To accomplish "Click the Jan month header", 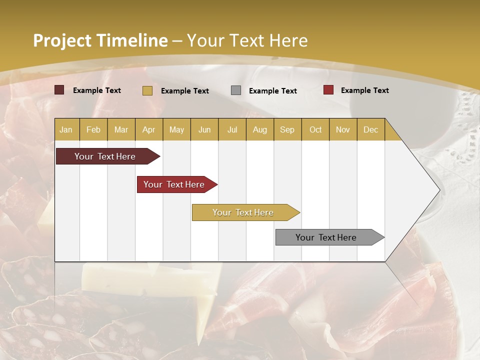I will coord(66,129).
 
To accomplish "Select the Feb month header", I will coord(93,129).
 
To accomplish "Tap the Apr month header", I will coord(148,129).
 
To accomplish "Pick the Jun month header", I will coord(204,129).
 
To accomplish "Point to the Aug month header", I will coord(259,129).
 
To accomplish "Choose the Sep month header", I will coord(287,129).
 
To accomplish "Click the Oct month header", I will coord(315,129).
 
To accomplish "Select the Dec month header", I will coord(370,129).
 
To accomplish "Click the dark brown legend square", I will coord(59,90).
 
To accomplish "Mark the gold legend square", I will coord(147,90).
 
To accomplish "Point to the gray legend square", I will coord(236,90).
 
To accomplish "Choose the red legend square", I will coord(328,90).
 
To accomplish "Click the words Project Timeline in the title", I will coord(100,40).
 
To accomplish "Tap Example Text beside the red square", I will coord(364,90).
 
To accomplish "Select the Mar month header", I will coord(121,129).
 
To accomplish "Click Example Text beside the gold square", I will coord(184,91).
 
